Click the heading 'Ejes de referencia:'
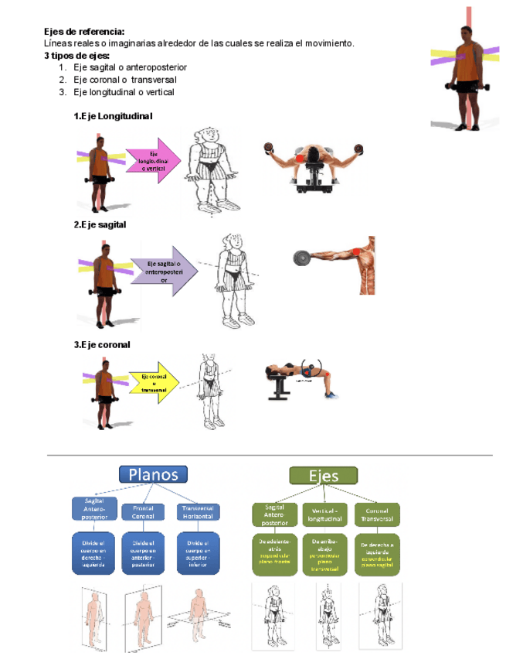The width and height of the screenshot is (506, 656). pos(79,32)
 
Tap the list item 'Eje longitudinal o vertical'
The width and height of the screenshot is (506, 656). pos(124,92)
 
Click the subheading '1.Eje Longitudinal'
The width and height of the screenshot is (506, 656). pos(113,116)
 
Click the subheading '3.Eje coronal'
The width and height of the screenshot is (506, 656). pos(101,345)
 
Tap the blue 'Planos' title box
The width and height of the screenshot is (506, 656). pos(153,473)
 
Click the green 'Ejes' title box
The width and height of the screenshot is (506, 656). pos(323,476)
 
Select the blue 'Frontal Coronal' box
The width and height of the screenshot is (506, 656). pos(143,512)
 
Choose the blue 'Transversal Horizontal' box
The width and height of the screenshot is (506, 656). pos(198,512)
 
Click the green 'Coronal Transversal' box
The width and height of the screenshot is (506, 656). pos(377,514)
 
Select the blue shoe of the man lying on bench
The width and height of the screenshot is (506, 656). pos(331,395)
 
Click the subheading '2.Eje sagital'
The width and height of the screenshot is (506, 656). pos(100,224)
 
